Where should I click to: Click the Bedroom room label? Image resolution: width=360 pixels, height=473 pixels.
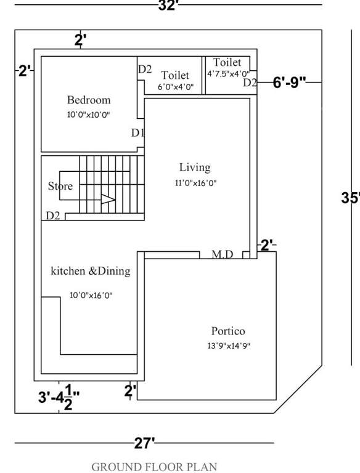[89, 100]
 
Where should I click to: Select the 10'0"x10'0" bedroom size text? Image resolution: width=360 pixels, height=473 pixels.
[89, 115]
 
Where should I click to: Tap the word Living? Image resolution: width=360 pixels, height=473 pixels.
[195, 167]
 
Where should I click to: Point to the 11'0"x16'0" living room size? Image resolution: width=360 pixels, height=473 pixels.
[195, 183]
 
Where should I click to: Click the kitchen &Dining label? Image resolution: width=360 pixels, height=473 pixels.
[90, 270]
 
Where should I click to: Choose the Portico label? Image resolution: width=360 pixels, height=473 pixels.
[228, 331]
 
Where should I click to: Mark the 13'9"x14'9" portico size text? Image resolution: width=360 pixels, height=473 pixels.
[228, 346]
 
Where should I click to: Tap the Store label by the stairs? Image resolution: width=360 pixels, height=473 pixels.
[60, 186]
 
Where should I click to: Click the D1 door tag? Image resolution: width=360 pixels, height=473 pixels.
[137, 132]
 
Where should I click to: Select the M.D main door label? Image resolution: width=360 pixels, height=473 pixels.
[223, 254]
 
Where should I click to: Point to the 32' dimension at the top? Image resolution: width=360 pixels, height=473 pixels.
[168, 6]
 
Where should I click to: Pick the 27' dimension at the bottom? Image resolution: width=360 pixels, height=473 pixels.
[144, 443]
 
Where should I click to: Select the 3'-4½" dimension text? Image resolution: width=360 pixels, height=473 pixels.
[59, 398]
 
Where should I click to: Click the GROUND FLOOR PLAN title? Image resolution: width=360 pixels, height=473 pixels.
[154, 467]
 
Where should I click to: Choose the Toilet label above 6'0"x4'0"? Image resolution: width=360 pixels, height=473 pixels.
[175, 75]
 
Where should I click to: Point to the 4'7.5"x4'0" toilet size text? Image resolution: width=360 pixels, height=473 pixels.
[227, 74]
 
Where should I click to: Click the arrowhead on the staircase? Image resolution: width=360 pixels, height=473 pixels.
[109, 200]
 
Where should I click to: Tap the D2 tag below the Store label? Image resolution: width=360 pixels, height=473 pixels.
[53, 216]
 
